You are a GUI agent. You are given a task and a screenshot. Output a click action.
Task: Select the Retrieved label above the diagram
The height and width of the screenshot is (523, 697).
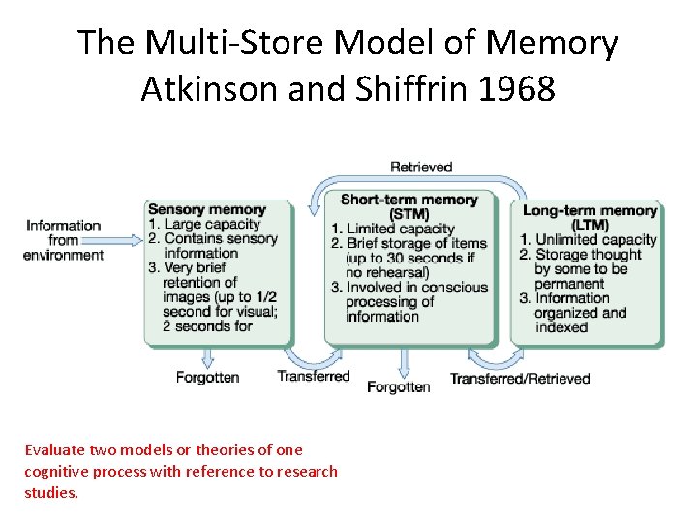[x=421, y=167]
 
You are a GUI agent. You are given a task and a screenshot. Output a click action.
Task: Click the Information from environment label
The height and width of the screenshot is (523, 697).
[x=64, y=240]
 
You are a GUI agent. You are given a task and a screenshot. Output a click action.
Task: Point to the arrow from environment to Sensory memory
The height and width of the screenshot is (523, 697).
[x=124, y=239]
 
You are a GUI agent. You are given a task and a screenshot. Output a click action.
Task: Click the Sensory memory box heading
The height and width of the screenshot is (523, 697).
[x=206, y=209]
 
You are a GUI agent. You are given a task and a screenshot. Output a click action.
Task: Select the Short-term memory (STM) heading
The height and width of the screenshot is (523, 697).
[x=409, y=206]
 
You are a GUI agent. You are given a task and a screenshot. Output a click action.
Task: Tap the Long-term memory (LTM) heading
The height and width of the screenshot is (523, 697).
[x=590, y=217]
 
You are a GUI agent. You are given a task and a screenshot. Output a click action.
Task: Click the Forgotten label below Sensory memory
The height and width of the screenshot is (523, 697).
[x=207, y=377]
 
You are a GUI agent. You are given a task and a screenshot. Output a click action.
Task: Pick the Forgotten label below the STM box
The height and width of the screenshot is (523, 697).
[x=398, y=386]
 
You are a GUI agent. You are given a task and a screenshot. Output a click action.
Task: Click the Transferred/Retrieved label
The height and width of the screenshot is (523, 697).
[x=520, y=378]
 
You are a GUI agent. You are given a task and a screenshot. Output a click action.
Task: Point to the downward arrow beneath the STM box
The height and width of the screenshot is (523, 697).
[x=402, y=360]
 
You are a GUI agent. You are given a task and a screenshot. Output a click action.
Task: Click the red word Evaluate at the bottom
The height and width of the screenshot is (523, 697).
[x=54, y=449]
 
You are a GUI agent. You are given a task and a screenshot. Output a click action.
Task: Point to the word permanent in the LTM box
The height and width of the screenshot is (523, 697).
[x=569, y=284]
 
